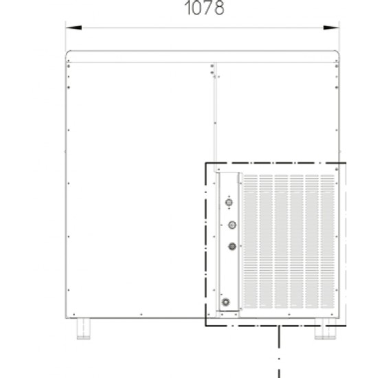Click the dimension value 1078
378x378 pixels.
(x=204, y=8)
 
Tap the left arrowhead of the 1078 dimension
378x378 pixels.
(x=74, y=27)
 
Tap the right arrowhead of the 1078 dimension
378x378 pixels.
(x=331, y=27)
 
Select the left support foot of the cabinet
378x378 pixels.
(x=83, y=329)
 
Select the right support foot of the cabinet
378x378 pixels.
(x=325, y=329)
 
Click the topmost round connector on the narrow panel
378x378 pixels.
(x=229, y=202)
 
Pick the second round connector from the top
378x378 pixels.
(x=232, y=225)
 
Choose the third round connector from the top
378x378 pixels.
(x=232, y=246)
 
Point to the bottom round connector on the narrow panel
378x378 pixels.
(x=225, y=302)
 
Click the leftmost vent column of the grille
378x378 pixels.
(x=251, y=241)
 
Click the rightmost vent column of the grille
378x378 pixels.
(x=327, y=241)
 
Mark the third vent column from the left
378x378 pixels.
(x=281, y=241)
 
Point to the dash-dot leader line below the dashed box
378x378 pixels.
(x=279, y=352)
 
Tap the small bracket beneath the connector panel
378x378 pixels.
(x=227, y=314)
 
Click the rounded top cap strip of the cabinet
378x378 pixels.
(x=202, y=56)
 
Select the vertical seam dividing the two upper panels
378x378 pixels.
(x=215, y=118)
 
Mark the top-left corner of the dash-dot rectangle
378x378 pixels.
(x=205, y=163)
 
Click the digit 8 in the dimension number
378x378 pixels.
(x=219, y=8)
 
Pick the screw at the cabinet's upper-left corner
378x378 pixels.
(x=69, y=66)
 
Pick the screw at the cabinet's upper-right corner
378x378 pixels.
(x=337, y=66)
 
